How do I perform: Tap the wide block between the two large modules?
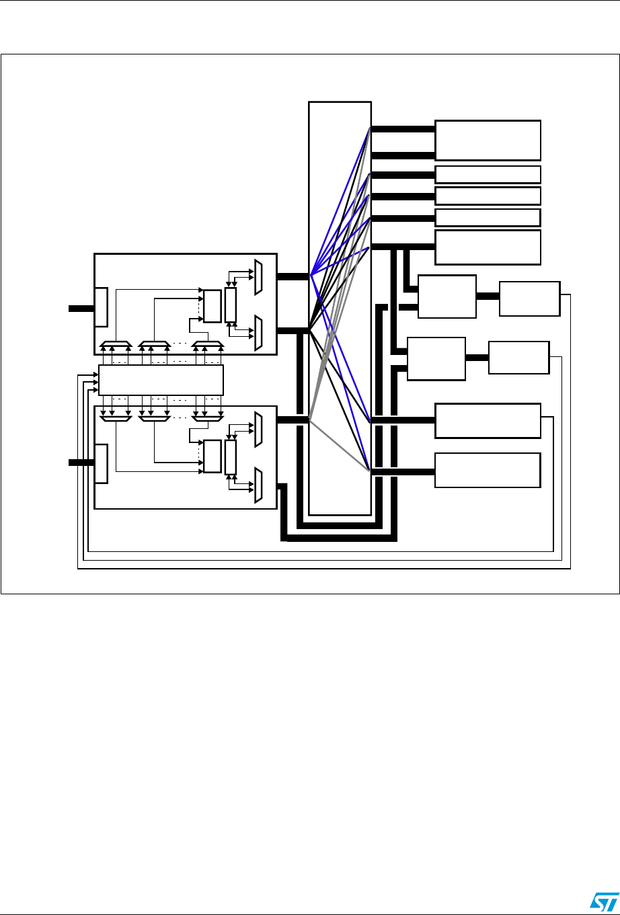coord(161,380)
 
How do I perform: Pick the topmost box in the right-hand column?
coord(488,140)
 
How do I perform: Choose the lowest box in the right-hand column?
coord(488,469)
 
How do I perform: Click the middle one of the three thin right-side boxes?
coord(488,196)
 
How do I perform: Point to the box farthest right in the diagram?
coord(529,299)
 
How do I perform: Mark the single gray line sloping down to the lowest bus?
coord(340,445)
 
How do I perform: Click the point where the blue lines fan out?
coord(310,274)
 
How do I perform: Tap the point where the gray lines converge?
coord(310,421)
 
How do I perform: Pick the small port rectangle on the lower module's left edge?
coord(101,463)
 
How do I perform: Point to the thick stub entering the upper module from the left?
coord(81,309)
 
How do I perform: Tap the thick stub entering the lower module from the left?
coord(81,463)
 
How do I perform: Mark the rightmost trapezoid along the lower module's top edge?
coord(208,417)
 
